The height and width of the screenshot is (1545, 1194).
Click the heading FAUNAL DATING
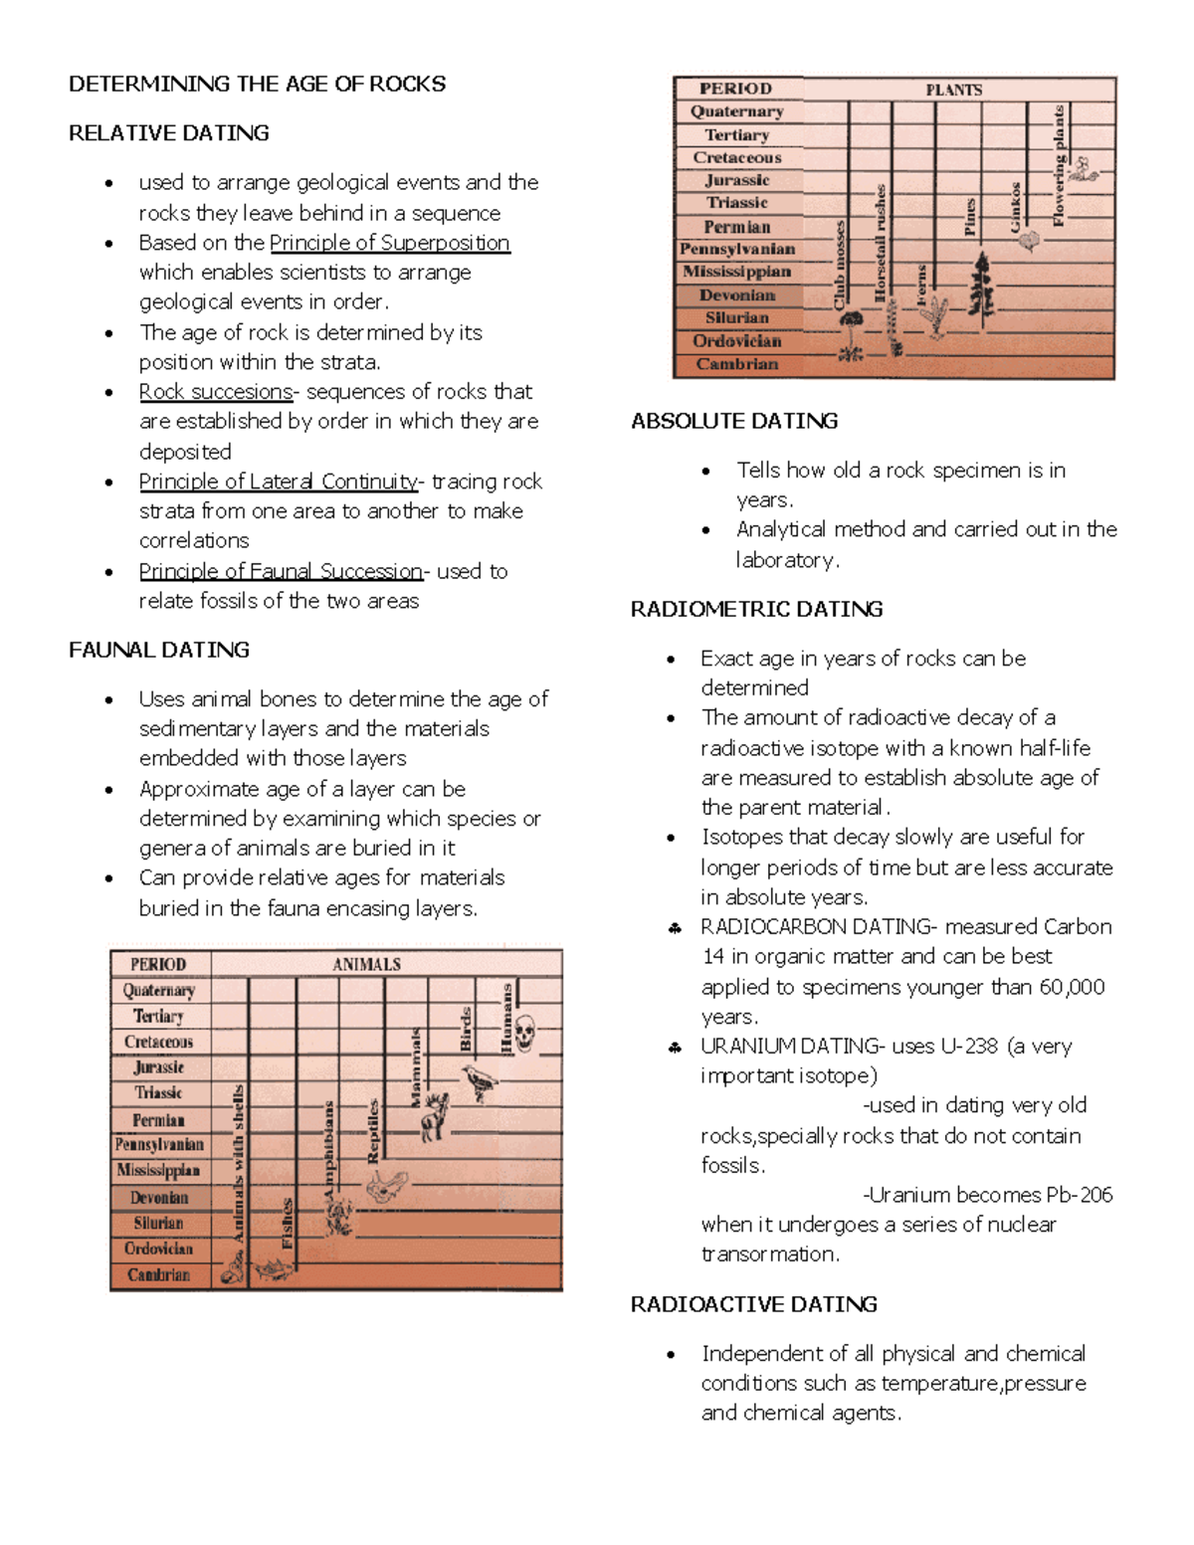(158, 650)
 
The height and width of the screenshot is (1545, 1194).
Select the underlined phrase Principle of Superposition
(389, 243)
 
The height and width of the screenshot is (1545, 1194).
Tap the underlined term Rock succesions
(215, 391)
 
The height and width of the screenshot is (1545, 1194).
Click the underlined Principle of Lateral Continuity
(279, 482)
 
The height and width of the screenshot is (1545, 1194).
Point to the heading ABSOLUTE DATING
(733, 421)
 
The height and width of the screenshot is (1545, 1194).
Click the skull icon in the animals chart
(525, 1034)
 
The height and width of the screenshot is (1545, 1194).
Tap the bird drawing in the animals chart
(481, 1081)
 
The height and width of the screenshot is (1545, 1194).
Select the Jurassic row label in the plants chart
(737, 180)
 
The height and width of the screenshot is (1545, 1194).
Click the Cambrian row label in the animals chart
(158, 1274)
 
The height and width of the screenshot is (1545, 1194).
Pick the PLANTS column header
(953, 90)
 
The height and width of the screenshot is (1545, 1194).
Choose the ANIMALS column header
(366, 964)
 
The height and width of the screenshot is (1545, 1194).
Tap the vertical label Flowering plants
(1059, 165)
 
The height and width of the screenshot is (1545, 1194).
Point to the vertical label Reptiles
(373, 1130)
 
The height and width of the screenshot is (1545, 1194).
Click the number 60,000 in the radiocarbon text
(1072, 987)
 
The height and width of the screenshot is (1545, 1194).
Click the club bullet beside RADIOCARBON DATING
(675, 928)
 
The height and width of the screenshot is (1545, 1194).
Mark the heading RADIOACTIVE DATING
(753, 1304)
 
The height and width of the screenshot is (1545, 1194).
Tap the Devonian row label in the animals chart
(158, 1198)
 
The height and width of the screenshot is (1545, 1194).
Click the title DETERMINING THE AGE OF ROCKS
(257, 84)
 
